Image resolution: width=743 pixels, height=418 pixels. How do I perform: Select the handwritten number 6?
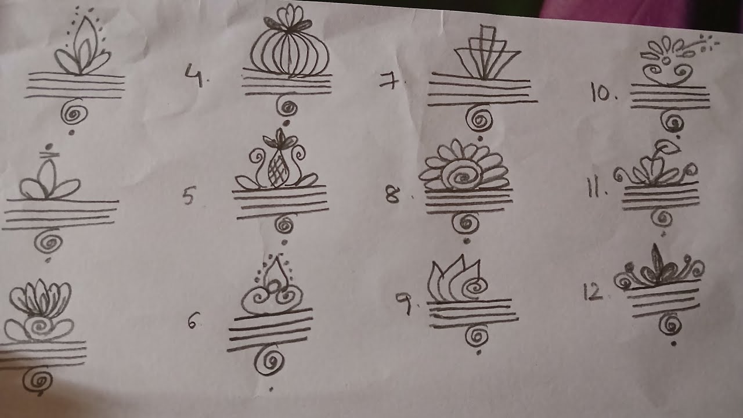[193, 320]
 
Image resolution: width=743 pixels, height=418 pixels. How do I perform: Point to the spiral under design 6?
[270, 363]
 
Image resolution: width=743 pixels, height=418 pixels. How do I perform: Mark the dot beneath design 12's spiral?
[673, 344]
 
